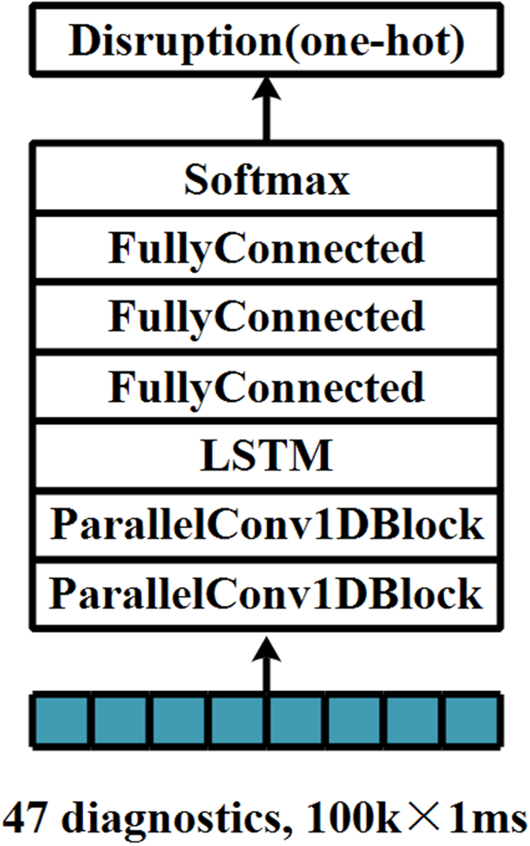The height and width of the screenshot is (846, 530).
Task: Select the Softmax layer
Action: click(265, 181)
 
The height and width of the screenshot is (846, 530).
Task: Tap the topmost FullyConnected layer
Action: click(265, 249)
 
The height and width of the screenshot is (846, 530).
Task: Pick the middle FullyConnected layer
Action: click(265, 318)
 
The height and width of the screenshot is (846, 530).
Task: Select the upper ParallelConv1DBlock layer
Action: click(265, 526)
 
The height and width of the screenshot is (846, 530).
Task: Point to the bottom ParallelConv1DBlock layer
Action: click(265, 594)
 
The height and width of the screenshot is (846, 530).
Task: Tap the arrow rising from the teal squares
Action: click(265, 663)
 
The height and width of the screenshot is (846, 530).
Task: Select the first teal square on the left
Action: click(60, 721)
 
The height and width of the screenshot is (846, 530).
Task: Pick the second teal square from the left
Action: click(119, 721)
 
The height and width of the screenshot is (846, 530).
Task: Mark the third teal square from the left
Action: click(178, 721)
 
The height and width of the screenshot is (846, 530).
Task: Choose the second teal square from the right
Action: click(413, 721)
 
